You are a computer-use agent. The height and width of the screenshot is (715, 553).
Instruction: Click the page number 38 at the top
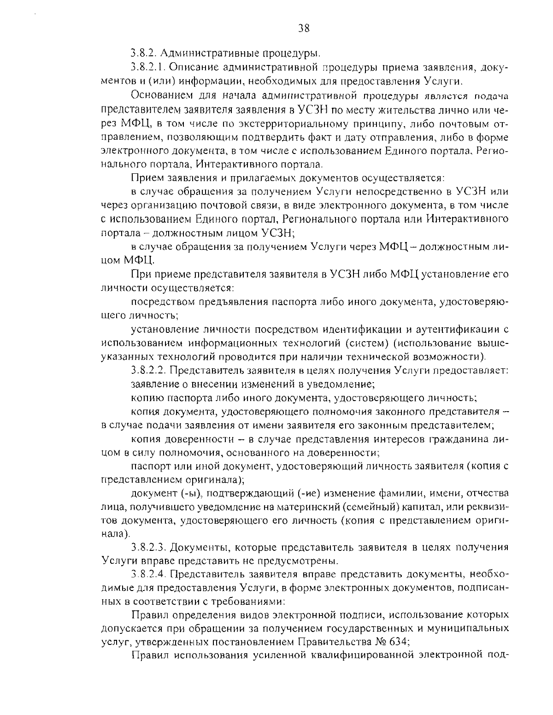click(x=304, y=29)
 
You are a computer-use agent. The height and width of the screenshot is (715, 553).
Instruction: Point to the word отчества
click(x=487, y=494)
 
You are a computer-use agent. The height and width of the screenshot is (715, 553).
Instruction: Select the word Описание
click(x=193, y=68)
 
